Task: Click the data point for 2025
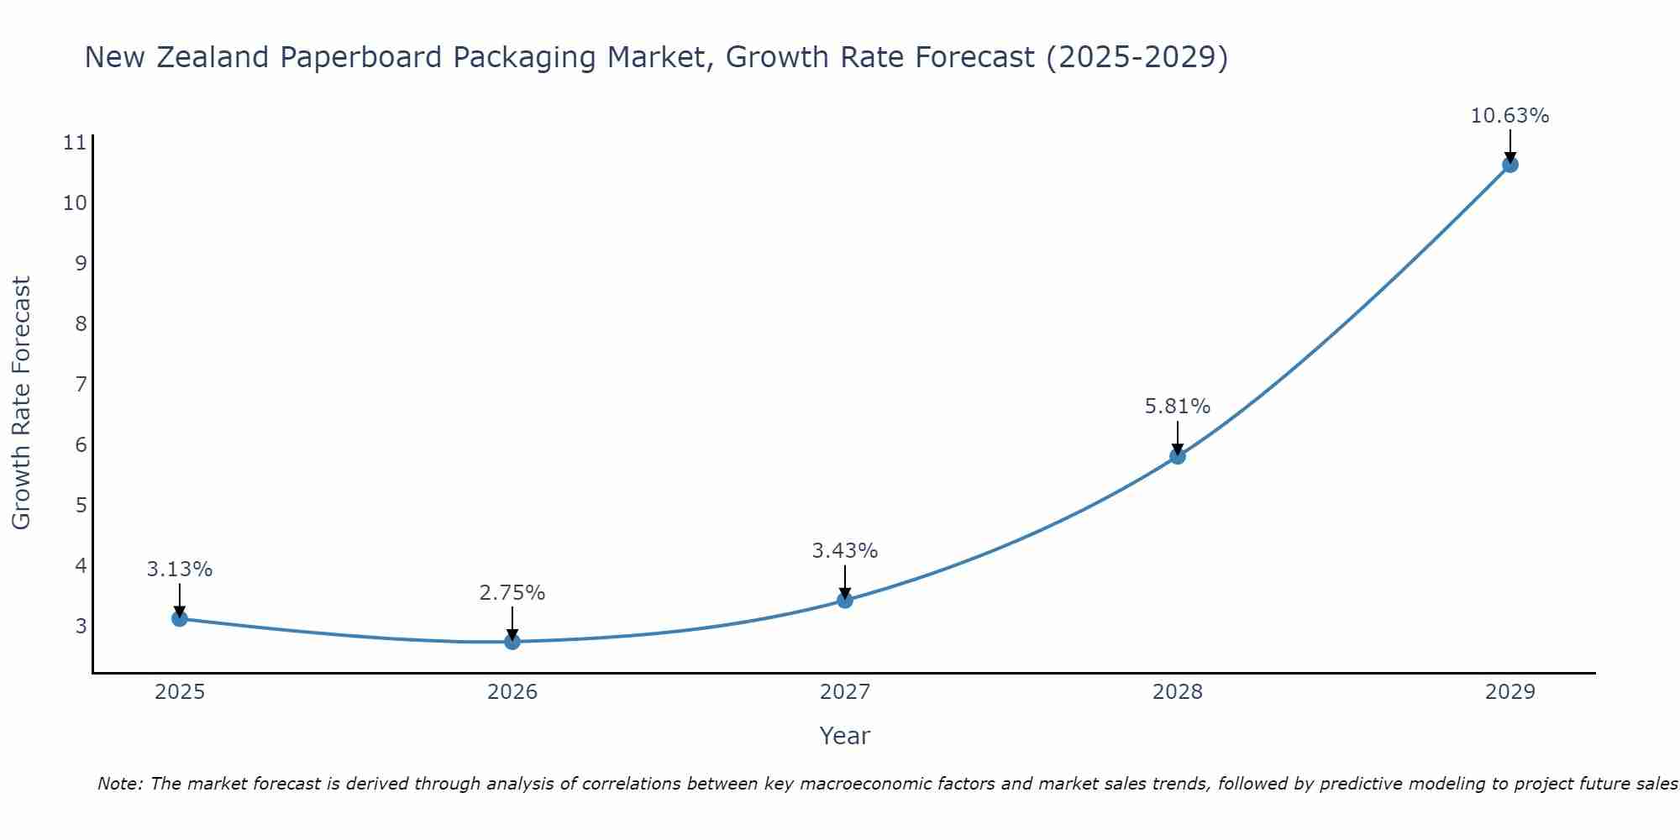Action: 179,619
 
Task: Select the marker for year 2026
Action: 512,642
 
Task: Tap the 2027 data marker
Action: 845,600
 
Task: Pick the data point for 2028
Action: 1178,456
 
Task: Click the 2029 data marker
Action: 1510,165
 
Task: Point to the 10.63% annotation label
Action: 1509,116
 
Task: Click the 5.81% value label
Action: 1178,407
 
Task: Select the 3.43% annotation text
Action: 844,551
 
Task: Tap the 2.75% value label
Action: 512,593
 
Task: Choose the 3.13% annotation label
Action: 179,570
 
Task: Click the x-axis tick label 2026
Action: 512,692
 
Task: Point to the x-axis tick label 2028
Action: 1178,692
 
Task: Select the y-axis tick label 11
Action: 75,143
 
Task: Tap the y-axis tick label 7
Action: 81,385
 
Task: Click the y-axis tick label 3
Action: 81,626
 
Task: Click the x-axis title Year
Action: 844,736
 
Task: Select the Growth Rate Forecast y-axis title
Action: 21,403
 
